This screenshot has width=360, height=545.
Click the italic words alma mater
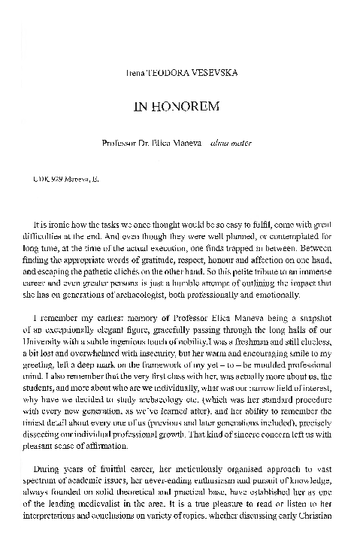point(230,141)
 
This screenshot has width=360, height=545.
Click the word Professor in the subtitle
point(118,141)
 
